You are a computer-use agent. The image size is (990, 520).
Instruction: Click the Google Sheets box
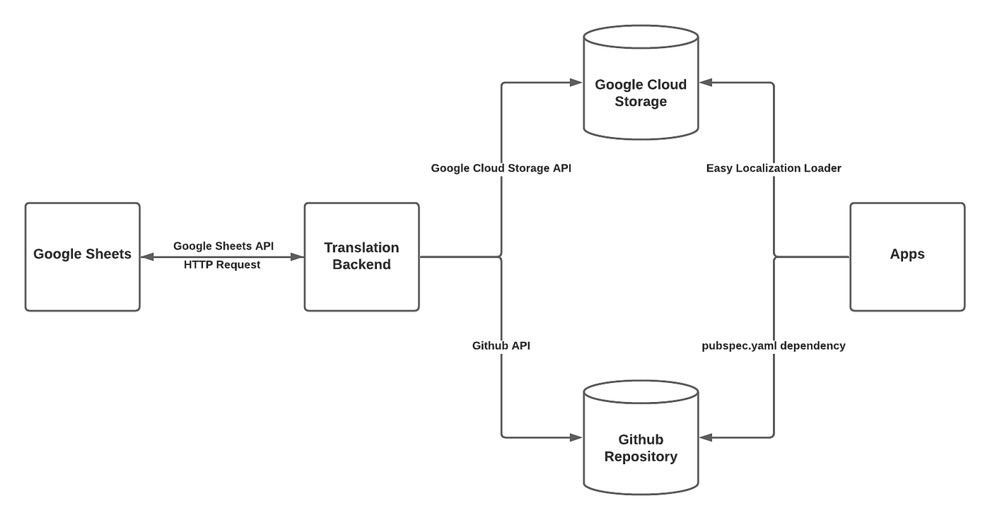click(82, 256)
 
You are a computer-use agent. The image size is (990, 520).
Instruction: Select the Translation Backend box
click(361, 256)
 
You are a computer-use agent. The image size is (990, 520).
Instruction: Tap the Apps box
click(907, 256)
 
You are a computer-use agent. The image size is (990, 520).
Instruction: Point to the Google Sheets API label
click(223, 246)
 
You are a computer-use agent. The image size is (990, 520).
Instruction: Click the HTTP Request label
click(222, 265)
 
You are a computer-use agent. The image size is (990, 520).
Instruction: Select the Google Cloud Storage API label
click(501, 169)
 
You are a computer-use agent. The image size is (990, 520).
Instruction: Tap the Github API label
click(501, 345)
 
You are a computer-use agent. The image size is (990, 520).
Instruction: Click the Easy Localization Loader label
click(774, 169)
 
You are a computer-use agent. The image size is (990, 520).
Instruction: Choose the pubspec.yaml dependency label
click(774, 345)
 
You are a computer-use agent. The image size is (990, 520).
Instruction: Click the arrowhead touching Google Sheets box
click(147, 257)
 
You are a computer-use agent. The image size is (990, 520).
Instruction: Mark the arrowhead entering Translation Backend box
click(298, 257)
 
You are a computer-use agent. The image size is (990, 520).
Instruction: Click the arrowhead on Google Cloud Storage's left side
click(576, 83)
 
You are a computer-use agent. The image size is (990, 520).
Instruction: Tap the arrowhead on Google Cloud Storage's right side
click(706, 83)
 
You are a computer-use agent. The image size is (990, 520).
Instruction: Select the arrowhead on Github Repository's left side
click(576, 438)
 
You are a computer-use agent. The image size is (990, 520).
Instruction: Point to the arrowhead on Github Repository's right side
click(706, 438)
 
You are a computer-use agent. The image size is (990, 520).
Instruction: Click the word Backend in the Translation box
click(361, 265)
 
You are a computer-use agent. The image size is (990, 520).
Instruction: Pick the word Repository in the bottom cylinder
click(641, 456)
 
